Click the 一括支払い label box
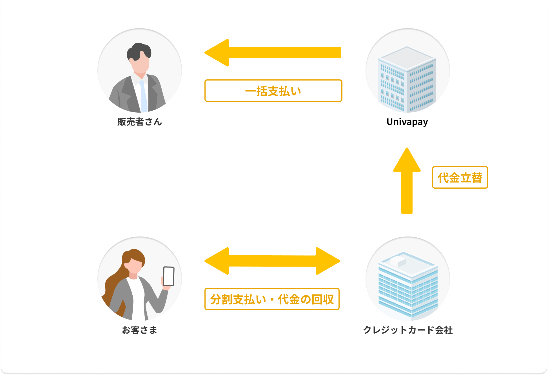pyautogui.click(x=273, y=91)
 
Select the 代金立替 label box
pyautogui.click(x=460, y=177)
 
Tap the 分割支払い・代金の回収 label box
pyautogui.click(x=272, y=299)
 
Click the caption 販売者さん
pyautogui.click(x=140, y=122)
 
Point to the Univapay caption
pyautogui.click(x=407, y=122)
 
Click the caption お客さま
pyautogui.click(x=140, y=330)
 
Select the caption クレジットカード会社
pyautogui.click(x=408, y=330)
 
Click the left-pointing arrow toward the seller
pyautogui.click(x=273, y=53)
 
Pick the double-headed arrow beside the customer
pyautogui.click(x=272, y=261)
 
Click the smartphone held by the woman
pyautogui.click(x=169, y=276)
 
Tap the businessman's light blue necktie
pyautogui.click(x=144, y=97)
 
